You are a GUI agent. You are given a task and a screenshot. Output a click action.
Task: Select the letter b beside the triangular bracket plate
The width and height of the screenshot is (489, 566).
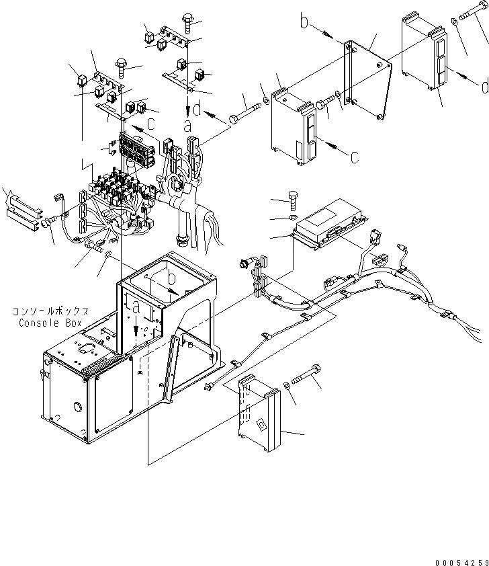304,23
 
